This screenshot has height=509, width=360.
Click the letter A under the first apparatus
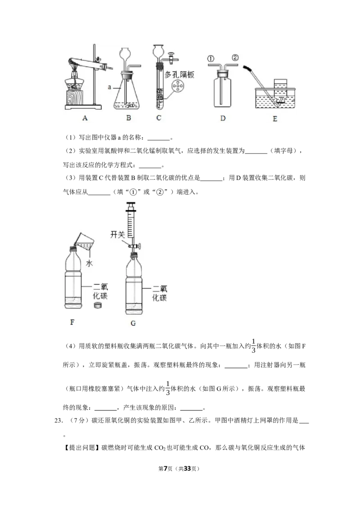point(85,118)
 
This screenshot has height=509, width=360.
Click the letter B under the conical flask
point(129,118)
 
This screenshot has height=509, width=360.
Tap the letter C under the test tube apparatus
point(158,117)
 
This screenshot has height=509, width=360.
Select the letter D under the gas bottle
point(223,118)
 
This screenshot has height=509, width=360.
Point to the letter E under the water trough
point(275,119)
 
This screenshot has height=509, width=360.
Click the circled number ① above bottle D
point(211,59)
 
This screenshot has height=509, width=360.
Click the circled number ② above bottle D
point(235,58)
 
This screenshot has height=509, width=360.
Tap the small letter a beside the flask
point(109,87)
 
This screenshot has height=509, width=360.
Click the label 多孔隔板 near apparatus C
point(180,75)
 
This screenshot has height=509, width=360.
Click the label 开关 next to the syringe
point(117,234)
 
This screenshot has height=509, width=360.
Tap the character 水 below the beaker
point(90,263)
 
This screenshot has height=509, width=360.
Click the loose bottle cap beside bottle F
point(98,305)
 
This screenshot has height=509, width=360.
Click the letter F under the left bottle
point(72,322)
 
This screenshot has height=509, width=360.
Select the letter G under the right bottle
point(133,323)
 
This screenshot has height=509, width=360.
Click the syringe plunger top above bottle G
point(131,205)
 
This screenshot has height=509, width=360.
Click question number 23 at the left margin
point(58,420)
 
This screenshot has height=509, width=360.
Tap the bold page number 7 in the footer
point(166,469)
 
